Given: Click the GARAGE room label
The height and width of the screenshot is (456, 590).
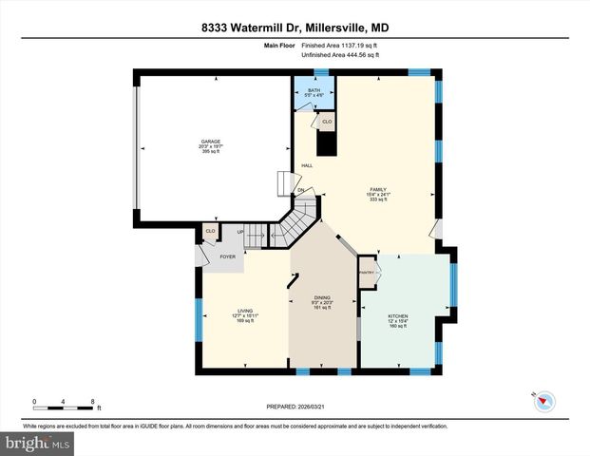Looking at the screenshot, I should coord(210,142).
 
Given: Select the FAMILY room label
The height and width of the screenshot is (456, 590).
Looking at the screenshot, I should coord(378,190).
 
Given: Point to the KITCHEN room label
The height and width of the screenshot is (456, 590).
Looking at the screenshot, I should coord(397,315).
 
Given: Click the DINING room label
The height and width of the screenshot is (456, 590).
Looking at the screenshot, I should coord(322,297).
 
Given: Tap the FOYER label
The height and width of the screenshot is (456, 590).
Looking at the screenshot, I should coord(228,257).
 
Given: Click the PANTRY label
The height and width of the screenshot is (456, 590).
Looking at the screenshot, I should coord(367,273).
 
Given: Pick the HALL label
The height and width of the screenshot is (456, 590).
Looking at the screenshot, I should coord(307,166).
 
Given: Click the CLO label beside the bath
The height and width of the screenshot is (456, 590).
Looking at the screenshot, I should coord(327,122).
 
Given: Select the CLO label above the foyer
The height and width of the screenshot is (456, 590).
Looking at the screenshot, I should coord(211,231).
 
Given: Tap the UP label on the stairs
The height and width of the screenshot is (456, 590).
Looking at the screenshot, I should coord(240,231).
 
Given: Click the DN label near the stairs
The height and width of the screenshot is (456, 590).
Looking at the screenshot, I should coord(300,190).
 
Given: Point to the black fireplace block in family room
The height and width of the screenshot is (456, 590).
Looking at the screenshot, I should coord(327,143).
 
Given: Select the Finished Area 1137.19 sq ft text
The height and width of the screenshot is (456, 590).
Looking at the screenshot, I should coord(339,45).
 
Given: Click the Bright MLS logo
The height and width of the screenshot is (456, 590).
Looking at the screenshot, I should coord(36,444).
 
